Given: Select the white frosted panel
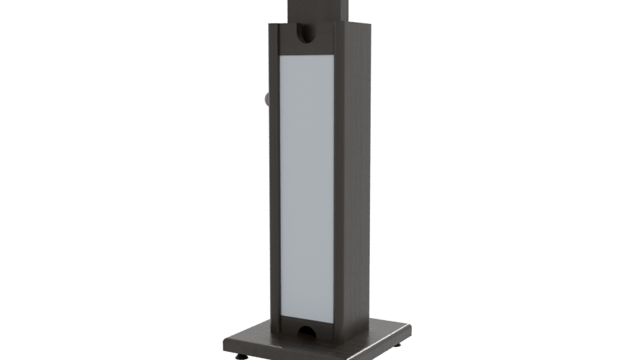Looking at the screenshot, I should [x=307, y=187].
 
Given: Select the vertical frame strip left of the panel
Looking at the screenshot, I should [x=274, y=187].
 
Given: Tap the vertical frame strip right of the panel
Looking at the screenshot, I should [x=340, y=187].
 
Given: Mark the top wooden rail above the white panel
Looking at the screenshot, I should [x=307, y=47].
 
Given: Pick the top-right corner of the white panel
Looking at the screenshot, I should [x=334, y=55].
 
